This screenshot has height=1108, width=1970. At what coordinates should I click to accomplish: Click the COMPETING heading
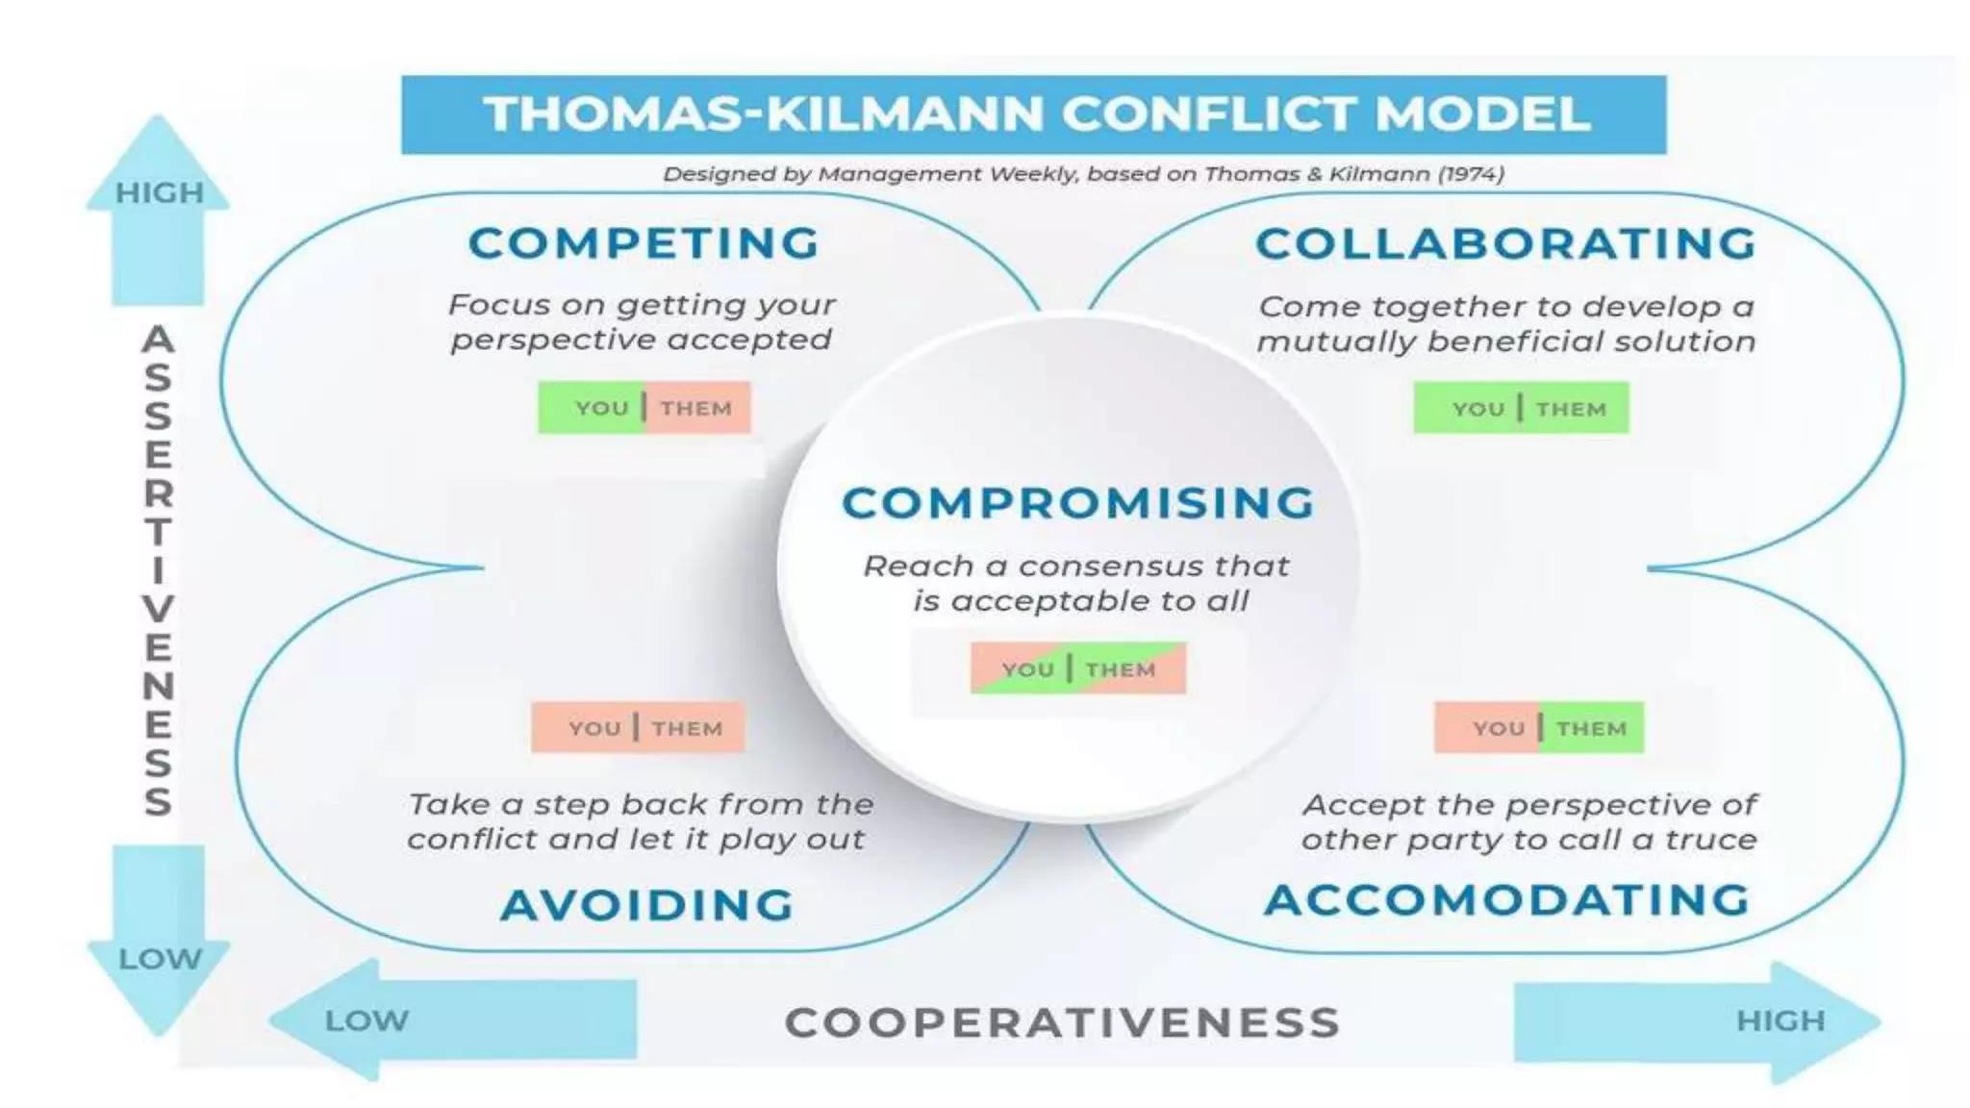[x=644, y=242]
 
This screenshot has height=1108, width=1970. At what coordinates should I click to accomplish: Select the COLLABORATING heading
[x=1506, y=243]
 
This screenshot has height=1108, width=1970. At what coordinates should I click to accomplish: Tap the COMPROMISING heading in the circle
[x=1078, y=503]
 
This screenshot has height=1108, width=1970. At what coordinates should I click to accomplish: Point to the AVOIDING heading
[x=647, y=905]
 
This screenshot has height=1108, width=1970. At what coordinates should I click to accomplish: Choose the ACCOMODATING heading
[x=1507, y=900]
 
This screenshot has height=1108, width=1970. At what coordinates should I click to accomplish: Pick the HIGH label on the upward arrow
[x=160, y=193]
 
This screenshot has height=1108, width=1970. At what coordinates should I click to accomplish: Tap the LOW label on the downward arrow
[x=160, y=959]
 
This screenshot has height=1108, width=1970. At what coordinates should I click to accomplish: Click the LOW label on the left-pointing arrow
[x=366, y=1020]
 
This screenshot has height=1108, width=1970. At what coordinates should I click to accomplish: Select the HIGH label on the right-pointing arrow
[x=1780, y=1020]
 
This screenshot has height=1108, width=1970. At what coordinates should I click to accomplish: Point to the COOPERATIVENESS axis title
[x=1063, y=1022]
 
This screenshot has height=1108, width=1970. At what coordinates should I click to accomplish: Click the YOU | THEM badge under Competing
[x=644, y=408]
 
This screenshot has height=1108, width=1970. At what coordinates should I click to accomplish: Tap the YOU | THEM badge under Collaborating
[x=1521, y=409]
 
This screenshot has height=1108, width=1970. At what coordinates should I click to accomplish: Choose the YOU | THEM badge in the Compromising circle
[x=1078, y=668]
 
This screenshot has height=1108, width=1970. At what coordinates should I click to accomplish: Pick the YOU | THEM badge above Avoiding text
[x=638, y=728]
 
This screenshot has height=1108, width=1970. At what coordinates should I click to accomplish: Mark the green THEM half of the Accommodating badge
[x=1592, y=728]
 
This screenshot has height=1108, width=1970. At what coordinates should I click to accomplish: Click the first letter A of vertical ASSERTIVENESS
[x=159, y=340]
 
